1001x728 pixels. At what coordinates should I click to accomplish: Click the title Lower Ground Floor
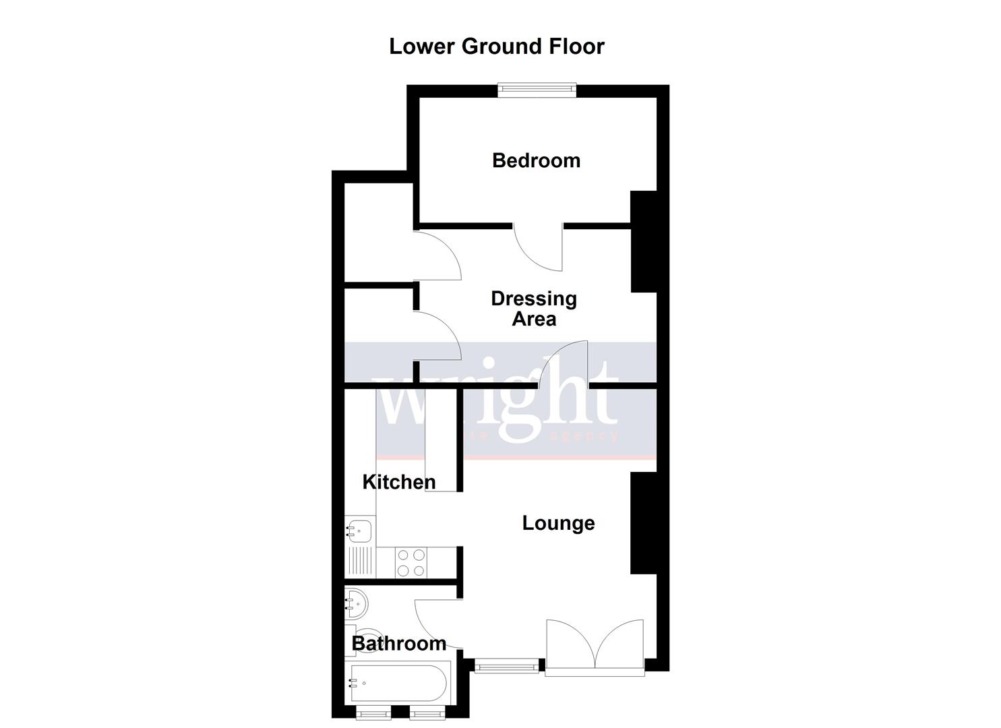tap(497, 47)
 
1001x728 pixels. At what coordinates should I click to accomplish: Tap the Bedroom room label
tap(536, 160)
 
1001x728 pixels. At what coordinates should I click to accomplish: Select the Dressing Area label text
tap(533, 309)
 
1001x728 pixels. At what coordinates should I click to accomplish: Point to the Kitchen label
tap(398, 482)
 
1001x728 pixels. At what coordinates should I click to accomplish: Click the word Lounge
tap(558, 523)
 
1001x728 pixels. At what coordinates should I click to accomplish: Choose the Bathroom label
tap(398, 644)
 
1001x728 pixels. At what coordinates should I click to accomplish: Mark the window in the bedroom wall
tap(537, 90)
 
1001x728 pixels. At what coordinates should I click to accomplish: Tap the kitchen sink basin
tap(359, 530)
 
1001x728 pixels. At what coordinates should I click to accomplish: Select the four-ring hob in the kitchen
tap(411, 563)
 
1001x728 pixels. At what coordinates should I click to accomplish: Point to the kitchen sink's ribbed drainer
tap(361, 562)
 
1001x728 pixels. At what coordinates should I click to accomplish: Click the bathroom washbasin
tap(356, 601)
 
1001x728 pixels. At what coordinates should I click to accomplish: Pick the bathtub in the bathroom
tap(396, 684)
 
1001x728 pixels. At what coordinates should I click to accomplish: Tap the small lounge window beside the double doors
tap(507, 667)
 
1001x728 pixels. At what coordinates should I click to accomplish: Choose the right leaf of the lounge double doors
tap(620, 644)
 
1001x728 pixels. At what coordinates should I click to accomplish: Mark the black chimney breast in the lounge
tap(643, 523)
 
